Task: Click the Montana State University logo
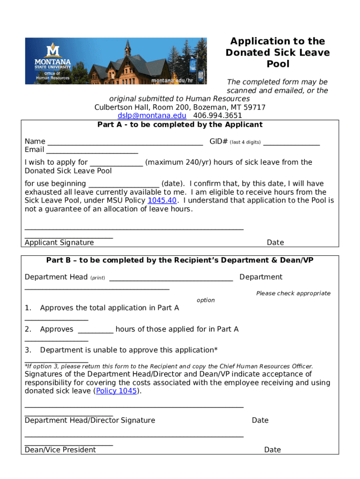click(x=53, y=60)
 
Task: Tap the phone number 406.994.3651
click(x=217, y=116)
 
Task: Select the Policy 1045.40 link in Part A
click(x=162, y=201)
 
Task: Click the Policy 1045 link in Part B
click(x=117, y=391)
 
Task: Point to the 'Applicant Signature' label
click(x=59, y=242)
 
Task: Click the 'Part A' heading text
click(x=180, y=124)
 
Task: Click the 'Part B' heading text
click(x=180, y=260)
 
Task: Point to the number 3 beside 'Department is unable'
click(x=28, y=350)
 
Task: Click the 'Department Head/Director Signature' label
click(x=90, y=420)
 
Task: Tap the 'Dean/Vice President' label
click(x=60, y=450)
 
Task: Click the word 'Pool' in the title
click(x=278, y=64)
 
